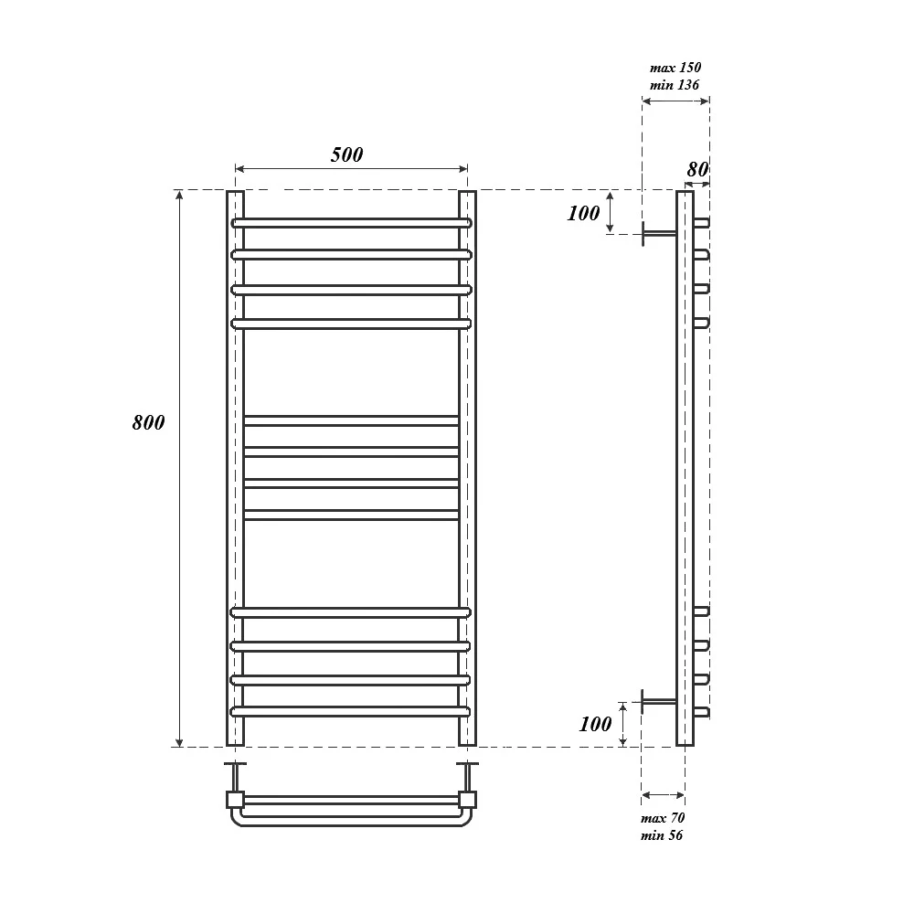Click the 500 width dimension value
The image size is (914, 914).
(346, 154)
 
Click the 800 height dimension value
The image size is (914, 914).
(148, 422)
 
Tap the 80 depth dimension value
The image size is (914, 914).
(697, 169)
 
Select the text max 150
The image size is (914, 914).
(675, 68)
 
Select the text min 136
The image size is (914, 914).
(675, 85)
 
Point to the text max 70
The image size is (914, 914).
(663, 818)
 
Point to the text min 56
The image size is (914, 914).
(662, 835)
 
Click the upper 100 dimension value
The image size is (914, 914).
(583, 213)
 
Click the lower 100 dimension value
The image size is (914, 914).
(595, 724)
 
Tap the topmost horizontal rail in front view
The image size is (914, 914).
(352, 223)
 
